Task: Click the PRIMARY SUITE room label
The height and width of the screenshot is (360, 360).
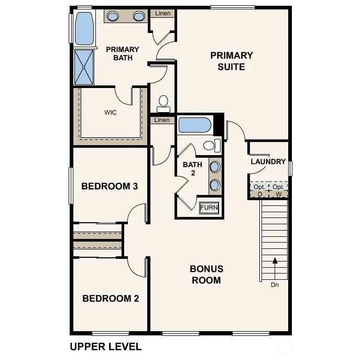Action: (231, 61)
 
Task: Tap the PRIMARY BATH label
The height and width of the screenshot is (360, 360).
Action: (123, 53)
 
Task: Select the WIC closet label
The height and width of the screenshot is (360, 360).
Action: (110, 112)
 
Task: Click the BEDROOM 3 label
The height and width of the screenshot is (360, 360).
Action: (110, 186)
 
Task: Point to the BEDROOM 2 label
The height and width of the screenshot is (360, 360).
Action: (111, 299)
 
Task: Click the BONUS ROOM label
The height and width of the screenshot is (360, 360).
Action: (206, 275)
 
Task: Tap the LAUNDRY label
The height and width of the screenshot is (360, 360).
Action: (268, 162)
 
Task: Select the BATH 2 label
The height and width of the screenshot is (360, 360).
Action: (192, 169)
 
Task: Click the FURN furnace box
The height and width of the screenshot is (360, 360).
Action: (209, 208)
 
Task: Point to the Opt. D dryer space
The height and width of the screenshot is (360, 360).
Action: (259, 190)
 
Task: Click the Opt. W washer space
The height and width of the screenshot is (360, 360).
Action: (278, 190)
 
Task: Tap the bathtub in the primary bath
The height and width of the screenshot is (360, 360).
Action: (84, 29)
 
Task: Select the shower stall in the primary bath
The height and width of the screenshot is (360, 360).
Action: (84, 67)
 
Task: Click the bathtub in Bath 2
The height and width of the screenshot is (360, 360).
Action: (194, 126)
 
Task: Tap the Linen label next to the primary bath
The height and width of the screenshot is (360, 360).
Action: (162, 13)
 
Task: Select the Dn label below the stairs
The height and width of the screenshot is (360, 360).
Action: (275, 285)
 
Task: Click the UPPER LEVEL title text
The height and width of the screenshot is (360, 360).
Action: (105, 346)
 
